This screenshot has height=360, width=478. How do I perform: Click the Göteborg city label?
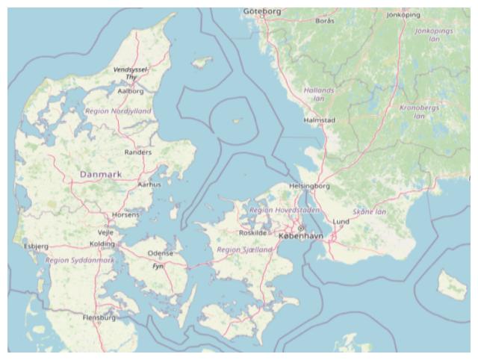tap(262, 11)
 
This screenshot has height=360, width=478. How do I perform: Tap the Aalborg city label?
tap(131, 91)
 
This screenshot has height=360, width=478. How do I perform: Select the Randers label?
tap(137, 152)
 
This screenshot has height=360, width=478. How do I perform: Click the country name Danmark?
tap(100, 174)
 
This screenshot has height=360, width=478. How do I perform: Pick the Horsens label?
tap(125, 214)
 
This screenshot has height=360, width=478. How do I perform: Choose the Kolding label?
tap(102, 243)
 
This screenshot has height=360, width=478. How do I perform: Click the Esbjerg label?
tap(36, 246)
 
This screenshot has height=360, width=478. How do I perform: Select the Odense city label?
tap(160, 253)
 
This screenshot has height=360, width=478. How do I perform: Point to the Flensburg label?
tap(99, 317)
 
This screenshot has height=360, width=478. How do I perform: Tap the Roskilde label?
tap(252, 232)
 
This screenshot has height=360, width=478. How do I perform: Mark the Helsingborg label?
tap(309, 185)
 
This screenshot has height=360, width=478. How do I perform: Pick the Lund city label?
tap(341, 222)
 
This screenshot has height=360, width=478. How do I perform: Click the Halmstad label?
tap(320, 120)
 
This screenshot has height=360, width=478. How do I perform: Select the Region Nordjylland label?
tap(117, 111)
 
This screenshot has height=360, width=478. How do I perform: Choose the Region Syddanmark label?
tap(80, 261)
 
